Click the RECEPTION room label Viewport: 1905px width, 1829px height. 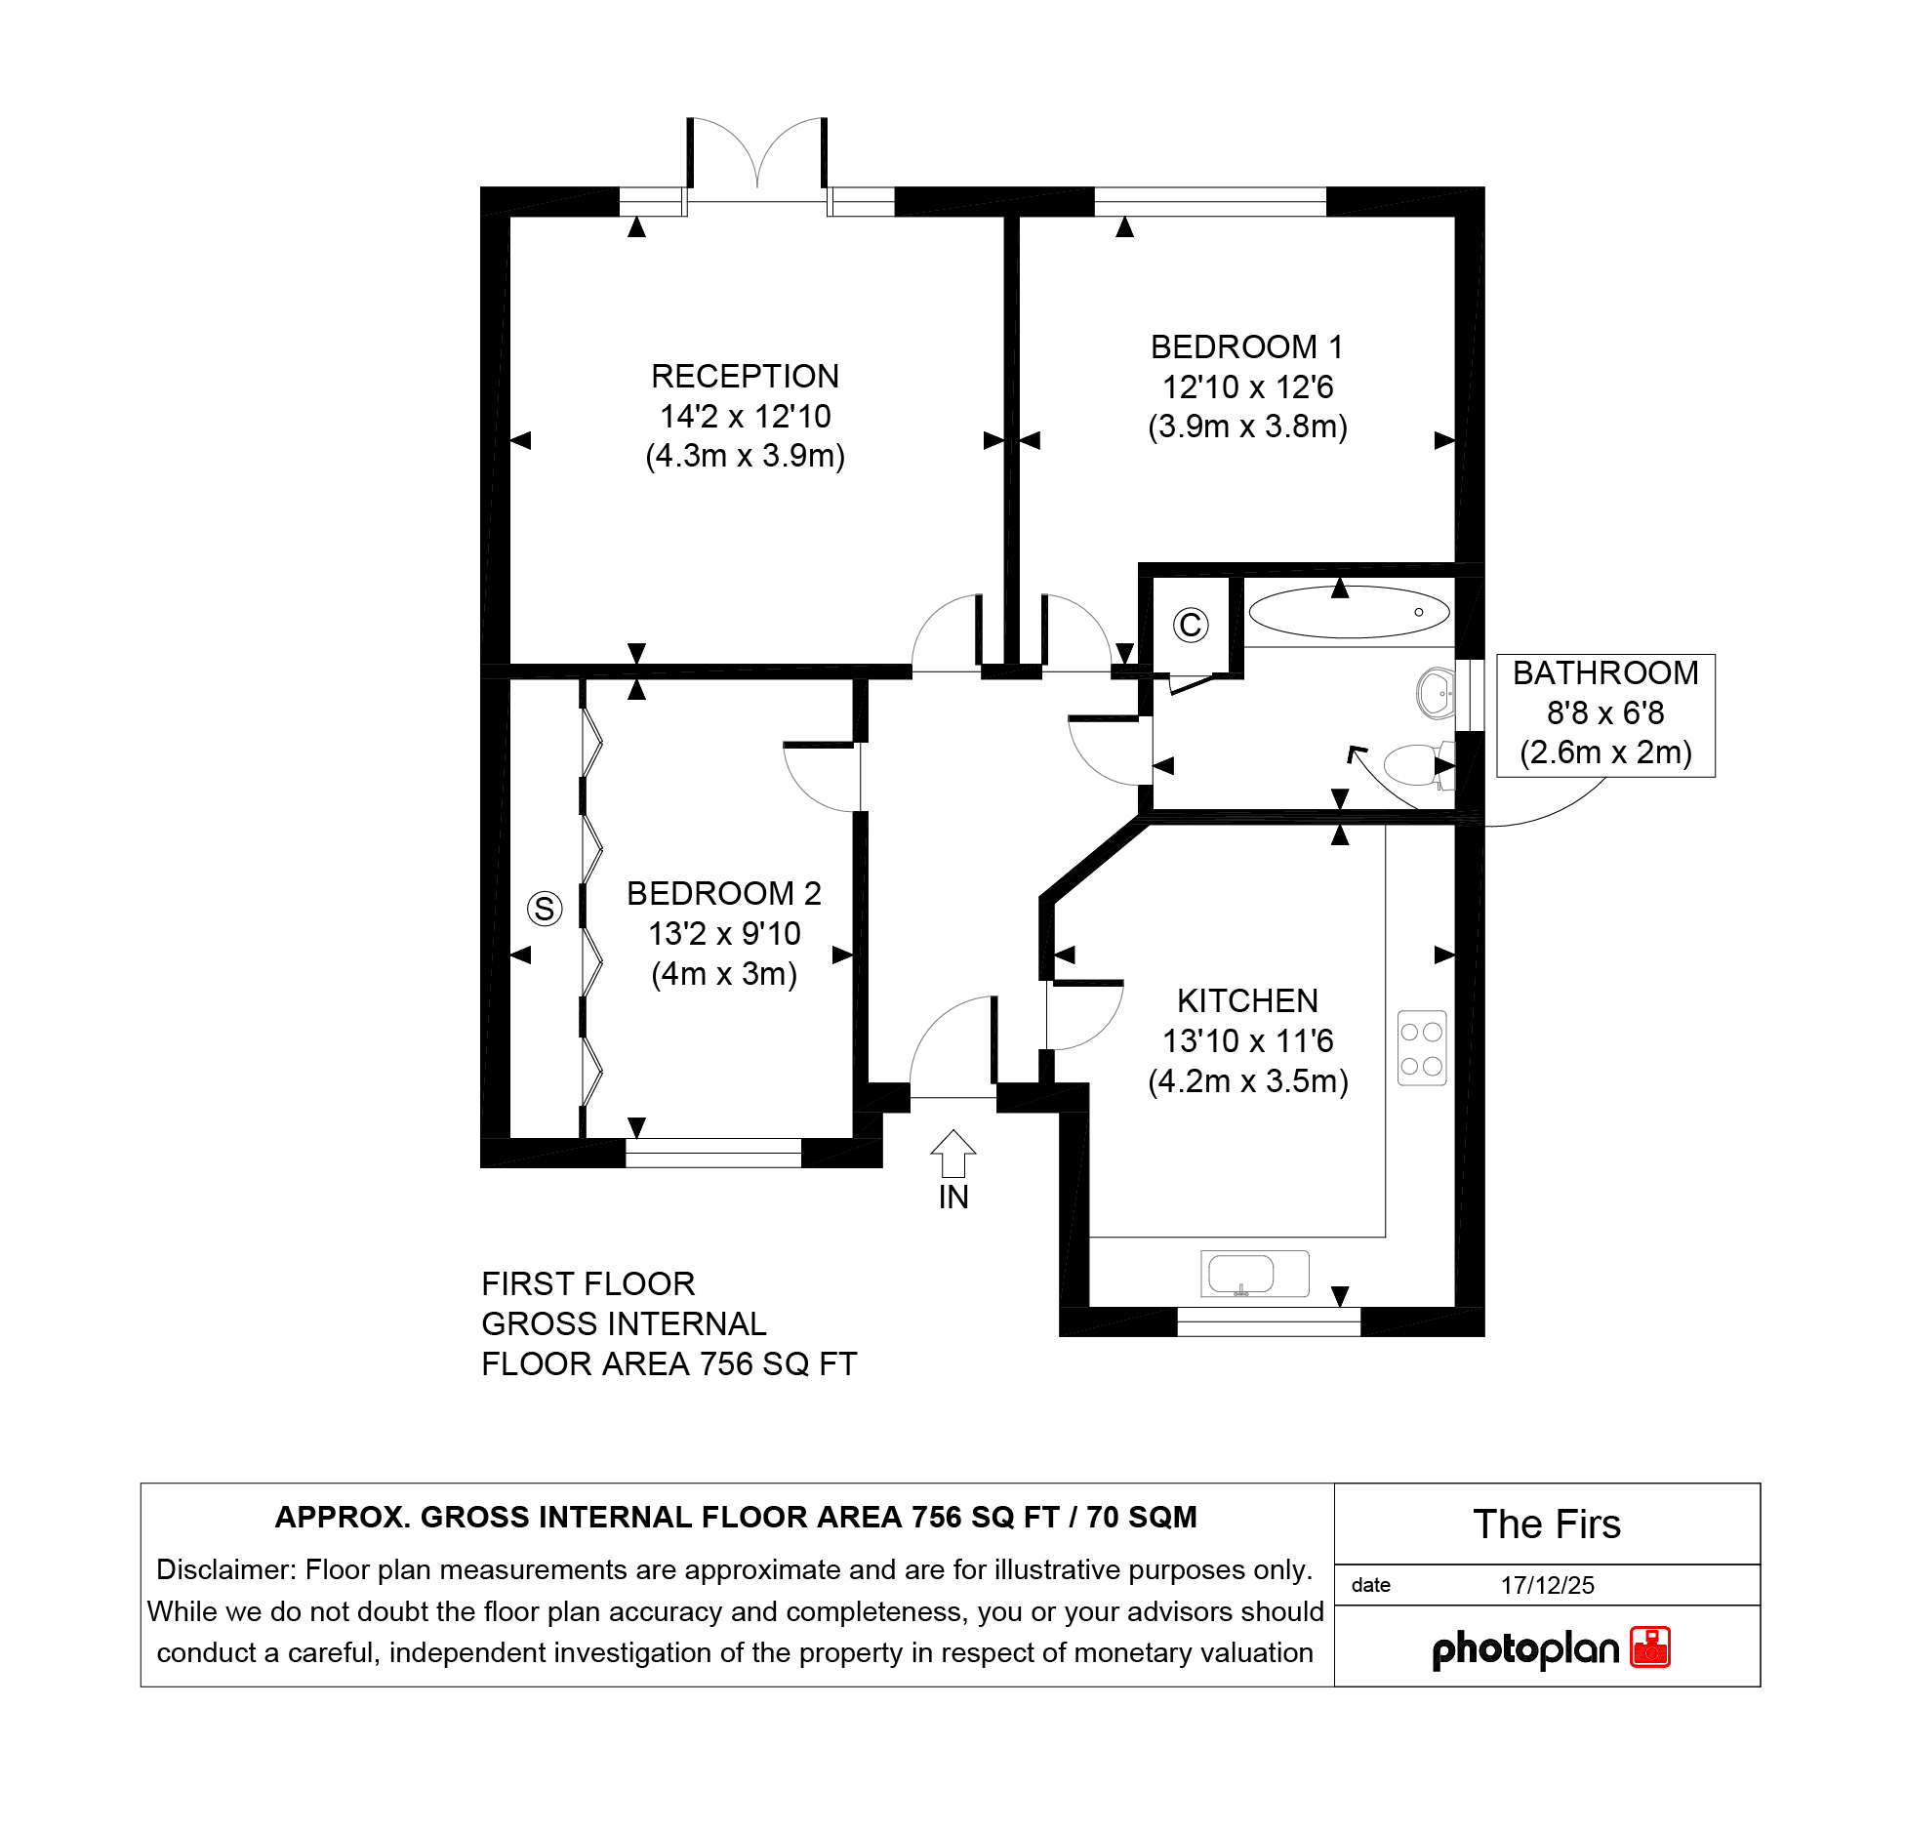[x=745, y=377]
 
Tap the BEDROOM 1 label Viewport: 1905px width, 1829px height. [x=1246, y=347]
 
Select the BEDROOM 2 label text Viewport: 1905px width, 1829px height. [x=723, y=894]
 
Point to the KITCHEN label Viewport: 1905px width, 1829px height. [x=1247, y=1001]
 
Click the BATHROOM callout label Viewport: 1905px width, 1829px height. [x=1605, y=673]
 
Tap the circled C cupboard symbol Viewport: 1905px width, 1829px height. [x=1191, y=625]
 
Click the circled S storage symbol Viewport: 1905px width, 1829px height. [x=545, y=909]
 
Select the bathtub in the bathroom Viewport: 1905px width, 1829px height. [x=1350, y=612]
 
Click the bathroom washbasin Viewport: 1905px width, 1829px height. [x=1436, y=693]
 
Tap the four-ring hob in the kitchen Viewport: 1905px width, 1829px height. [x=1422, y=1048]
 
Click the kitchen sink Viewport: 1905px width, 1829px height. [x=1254, y=1274]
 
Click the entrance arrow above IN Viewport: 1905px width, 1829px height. [x=953, y=1154]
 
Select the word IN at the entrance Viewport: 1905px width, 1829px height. [x=953, y=1198]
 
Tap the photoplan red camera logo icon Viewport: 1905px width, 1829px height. [x=1650, y=1647]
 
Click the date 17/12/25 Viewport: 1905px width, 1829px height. [x=1547, y=1585]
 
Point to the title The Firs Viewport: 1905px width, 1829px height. [x=1547, y=1524]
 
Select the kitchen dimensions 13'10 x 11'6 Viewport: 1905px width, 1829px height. [x=1247, y=1041]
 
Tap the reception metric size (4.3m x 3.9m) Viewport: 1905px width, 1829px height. [x=745, y=456]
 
